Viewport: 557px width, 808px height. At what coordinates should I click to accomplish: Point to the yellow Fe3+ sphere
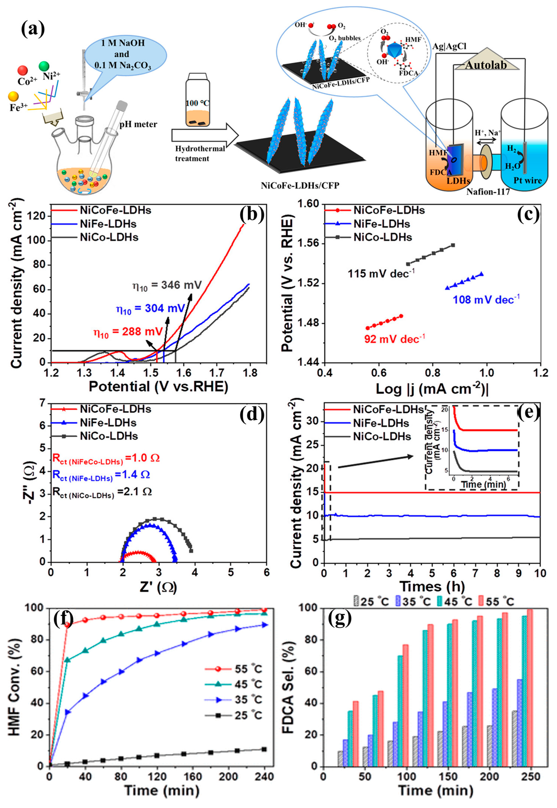(x=13, y=96)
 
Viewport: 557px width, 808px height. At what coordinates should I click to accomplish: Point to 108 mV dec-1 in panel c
(x=486, y=299)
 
